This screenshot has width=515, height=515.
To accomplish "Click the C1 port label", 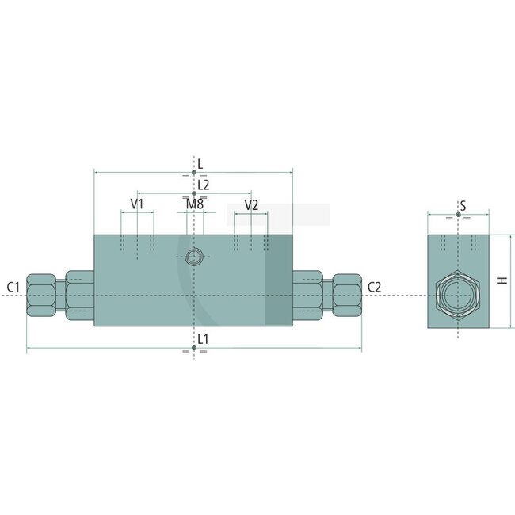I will point(13,287).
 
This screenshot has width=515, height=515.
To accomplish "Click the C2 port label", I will point(375,287).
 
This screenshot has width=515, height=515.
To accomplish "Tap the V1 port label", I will point(137,204).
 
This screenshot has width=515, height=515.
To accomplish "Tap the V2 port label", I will point(251,204).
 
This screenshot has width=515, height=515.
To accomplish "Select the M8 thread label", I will point(194,204).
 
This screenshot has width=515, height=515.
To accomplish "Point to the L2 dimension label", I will point(204,184).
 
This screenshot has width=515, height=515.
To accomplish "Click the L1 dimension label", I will point(204,338).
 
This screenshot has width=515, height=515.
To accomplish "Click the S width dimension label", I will point(463,206).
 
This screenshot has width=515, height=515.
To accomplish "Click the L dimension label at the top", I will point(200,163).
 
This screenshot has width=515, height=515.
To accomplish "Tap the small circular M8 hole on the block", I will point(194,256).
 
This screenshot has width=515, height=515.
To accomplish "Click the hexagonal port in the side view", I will point(458,296).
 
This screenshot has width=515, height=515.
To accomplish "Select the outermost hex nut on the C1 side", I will point(41,296).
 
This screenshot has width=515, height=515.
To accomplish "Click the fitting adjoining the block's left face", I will point(79,296).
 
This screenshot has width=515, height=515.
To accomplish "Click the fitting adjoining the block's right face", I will point(307,296).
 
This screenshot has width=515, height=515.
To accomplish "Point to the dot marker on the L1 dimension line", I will point(194,348).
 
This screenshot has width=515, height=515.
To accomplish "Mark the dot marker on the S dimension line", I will point(458,214).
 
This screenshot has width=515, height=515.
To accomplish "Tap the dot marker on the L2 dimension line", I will point(194,193).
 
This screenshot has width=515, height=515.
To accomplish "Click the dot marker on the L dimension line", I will point(194,171).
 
